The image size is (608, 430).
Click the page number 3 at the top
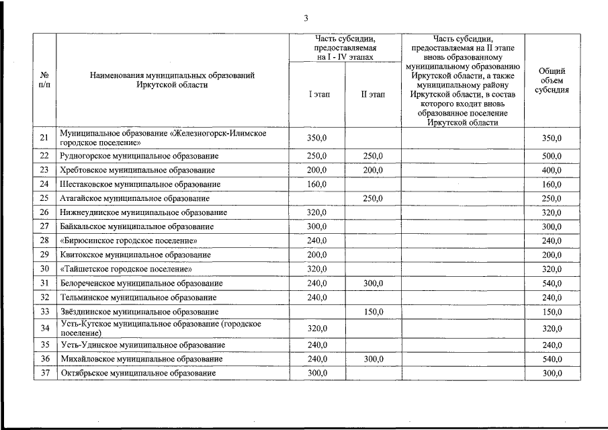[x=306, y=17]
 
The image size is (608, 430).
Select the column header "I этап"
[x=319, y=95]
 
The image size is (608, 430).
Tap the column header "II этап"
[x=373, y=95]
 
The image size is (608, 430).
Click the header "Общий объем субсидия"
[x=552, y=81]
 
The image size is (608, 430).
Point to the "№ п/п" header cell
[x=44, y=81]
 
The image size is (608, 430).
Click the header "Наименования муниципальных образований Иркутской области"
[x=172, y=81]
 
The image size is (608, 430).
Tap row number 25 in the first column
[x=44, y=198]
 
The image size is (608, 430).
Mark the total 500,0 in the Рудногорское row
[x=552, y=156]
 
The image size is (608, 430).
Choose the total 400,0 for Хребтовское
[x=552, y=170]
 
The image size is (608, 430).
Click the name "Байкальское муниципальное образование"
[x=137, y=226]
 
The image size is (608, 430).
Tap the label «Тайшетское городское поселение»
[x=126, y=269]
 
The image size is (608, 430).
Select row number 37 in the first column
[x=44, y=373]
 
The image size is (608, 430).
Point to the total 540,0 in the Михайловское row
[x=552, y=359]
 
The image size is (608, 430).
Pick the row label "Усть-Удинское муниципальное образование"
[x=142, y=345]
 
